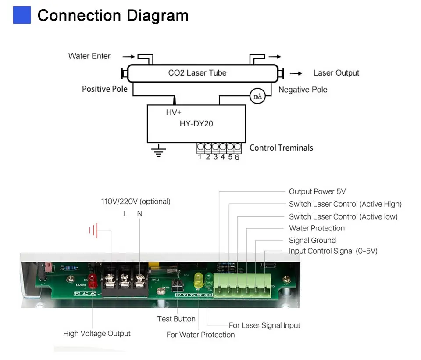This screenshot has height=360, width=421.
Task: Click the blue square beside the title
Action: (22, 15)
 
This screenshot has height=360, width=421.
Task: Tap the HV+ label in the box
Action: (174, 112)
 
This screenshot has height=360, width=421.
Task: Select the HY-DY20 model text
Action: (196, 124)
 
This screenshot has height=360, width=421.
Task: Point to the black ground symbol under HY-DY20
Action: (158, 152)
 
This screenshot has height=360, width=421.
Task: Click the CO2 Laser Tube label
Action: (197, 73)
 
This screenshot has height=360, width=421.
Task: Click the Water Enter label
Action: (89, 56)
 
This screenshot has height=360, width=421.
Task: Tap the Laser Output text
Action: (336, 73)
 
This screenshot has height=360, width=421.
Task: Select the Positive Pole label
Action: (105, 89)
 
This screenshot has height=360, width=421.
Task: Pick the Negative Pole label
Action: (303, 90)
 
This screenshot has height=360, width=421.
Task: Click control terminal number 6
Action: (237, 157)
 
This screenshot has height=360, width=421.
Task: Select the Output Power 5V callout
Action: (317, 191)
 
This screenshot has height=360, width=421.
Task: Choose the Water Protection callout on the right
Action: (317, 228)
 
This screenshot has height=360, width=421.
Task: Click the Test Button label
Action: (176, 319)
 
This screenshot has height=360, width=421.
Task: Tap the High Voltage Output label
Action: (97, 334)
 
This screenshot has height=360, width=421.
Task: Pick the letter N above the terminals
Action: (139, 214)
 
